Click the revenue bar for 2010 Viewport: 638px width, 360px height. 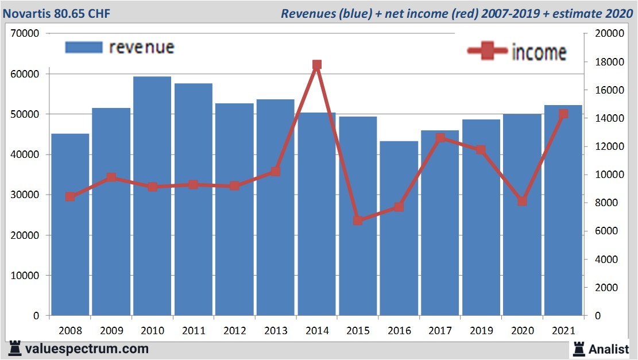pos(152,196)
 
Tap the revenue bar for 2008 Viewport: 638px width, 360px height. pos(70,224)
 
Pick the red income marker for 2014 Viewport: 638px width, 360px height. pos(317,65)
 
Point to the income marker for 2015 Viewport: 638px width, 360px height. pos(358,220)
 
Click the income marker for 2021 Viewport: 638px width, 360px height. pos(563,114)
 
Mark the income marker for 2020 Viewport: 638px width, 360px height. pos(522,201)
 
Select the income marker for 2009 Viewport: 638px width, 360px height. pos(111,177)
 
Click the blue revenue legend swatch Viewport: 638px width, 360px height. pos(84,47)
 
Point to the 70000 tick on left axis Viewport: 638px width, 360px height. pos(25,33)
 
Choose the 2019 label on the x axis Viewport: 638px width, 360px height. pos(481,331)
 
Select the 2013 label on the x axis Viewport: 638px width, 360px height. pos(276,331)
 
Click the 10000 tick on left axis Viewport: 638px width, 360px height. pos(25,276)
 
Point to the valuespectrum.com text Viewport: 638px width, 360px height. pos(87,349)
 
